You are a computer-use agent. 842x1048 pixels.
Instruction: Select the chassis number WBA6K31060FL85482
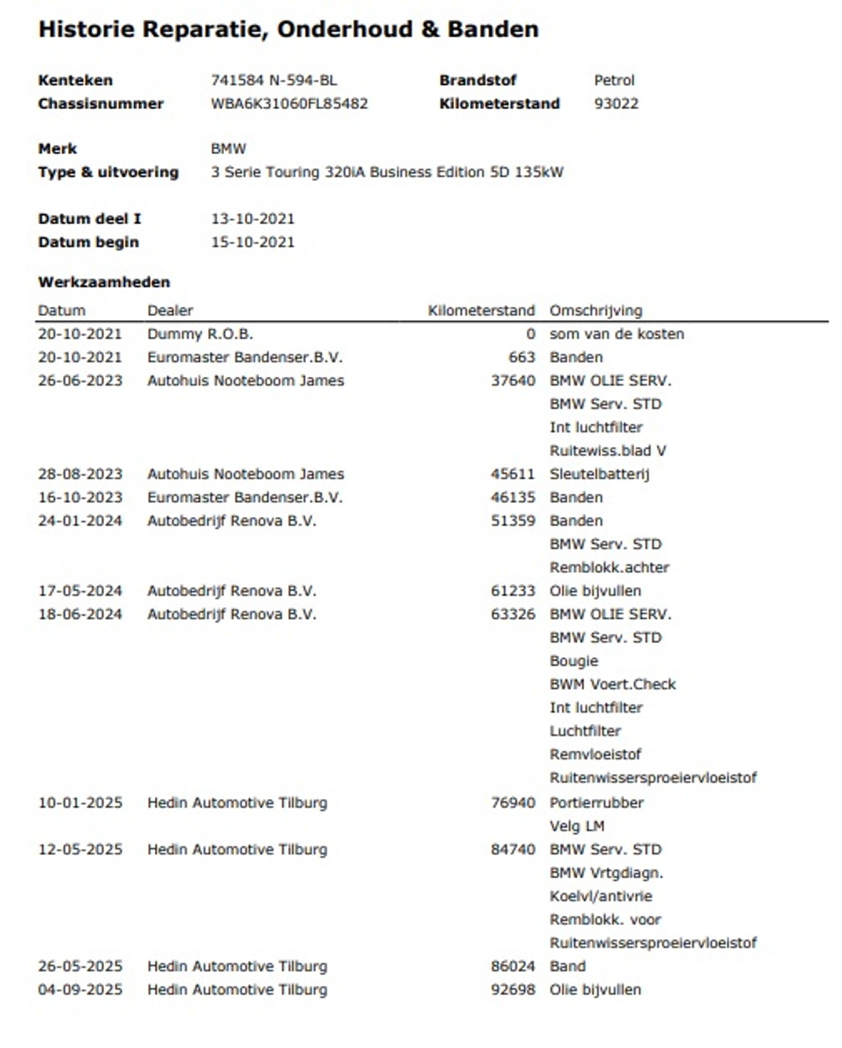pyautogui.click(x=289, y=104)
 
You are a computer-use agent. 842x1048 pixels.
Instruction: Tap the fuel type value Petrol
pyautogui.click(x=614, y=80)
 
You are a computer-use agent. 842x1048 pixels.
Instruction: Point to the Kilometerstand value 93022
pyautogui.click(x=616, y=104)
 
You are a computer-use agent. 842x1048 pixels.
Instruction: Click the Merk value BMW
pyautogui.click(x=228, y=149)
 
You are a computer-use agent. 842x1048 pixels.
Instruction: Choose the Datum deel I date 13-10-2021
pyautogui.click(x=253, y=219)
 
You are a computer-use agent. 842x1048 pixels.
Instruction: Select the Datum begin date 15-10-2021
pyautogui.click(x=253, y=242)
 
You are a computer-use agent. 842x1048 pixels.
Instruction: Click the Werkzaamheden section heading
pyautogui.click(x=104, y=282)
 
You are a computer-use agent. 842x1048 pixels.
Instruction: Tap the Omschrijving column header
pyautogui.click(x=596, y=311)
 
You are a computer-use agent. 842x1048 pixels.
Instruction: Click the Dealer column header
pyautogui.click(x=170, y=311)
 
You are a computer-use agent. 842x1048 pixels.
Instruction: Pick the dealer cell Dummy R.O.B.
pyautogui.click(x=200, y=334)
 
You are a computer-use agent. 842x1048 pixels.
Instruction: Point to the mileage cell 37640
pyautogui.click(x=513, y=380)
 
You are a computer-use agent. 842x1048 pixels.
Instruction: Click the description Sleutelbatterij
pyautogui.click(x=599, y=474)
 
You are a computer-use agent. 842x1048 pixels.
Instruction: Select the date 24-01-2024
pyautogui.click(x=80, y=520)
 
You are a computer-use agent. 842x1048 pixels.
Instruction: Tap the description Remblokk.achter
pyautogui.click(x=609, y=567)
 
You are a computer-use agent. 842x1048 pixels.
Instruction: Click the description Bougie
pyautogui.click(x=574, y=660)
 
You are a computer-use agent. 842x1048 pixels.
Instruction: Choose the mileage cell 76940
pyautogui.click(x=513, y=803)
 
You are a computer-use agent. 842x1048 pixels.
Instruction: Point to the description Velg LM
pyautogui.click(x=577, y=826)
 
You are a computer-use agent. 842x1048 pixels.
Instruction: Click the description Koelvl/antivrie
pyautogui.click(x=600, y=896)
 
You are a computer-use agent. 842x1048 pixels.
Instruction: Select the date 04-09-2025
pyautogui.click(x=80, y=989)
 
